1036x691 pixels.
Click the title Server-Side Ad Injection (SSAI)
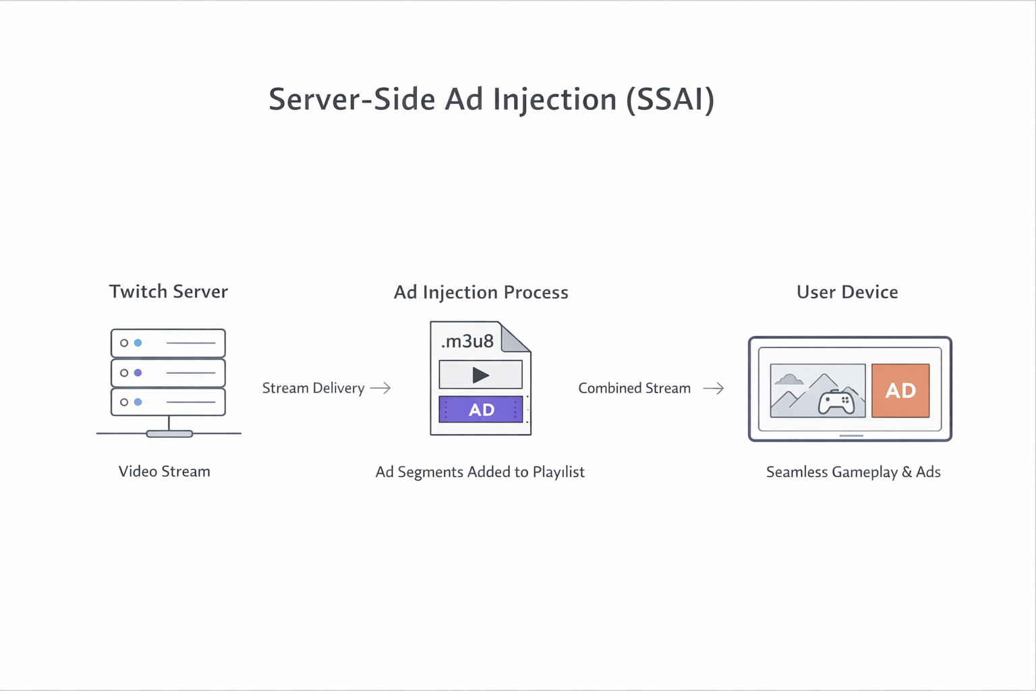(491, 100)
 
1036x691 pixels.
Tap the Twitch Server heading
(169, 292)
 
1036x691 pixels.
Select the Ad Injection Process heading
(481, 292)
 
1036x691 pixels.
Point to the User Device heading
(847, 292)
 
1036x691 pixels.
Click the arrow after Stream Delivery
(380, 388)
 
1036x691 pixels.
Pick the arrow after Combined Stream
(714, 389)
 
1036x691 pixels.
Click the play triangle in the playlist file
(480, 375)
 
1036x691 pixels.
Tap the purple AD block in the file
(481, 410)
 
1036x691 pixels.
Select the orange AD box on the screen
(900, 391)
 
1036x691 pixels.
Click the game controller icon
(836, 402)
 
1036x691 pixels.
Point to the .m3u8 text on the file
(467, 341)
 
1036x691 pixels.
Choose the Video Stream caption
(165, 472)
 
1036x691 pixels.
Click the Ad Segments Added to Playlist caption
(480, 472)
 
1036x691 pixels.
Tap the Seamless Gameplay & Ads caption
(853, 472)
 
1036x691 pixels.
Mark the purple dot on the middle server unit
(138, 372)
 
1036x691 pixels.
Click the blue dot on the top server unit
(138, 343)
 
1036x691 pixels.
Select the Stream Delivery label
(313, 389)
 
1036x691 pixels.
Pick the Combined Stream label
(634, 389)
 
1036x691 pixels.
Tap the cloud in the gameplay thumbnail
(788, 379)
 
